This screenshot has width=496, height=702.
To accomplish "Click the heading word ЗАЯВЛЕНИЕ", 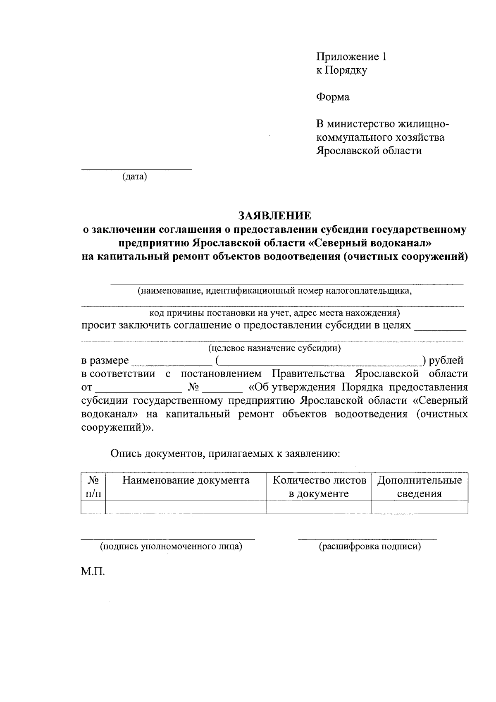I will (x=274, y=216).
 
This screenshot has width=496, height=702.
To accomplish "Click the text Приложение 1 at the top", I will (x=351, y=57).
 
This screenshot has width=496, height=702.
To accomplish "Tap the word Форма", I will (x=333, y=97).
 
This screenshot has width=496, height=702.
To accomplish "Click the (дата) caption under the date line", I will (x=135, y=177).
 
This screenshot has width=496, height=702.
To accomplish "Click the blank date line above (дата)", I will (x=136, y=168).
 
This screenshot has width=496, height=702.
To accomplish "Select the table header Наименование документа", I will (x=186, y=480).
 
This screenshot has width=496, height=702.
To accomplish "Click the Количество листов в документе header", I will (x=319, y=486).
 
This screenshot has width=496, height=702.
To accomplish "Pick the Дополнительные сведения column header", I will (x=420, y=486).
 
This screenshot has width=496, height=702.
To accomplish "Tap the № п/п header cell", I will (x=93, y=486).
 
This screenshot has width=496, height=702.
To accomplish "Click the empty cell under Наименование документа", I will (x=186, y=507).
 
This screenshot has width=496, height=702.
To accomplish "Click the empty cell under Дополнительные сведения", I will (x=420, y=507).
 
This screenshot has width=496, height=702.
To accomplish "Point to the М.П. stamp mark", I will (x=93, y=572).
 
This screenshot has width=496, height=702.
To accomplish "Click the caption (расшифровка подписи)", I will (x=370, y=546).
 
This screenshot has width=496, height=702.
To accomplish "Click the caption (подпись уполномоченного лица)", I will (x=171, y=546).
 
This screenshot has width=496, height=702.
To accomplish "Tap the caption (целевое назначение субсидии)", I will (x=274, y=348).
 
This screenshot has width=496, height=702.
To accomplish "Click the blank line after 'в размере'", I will (x=171, y=364).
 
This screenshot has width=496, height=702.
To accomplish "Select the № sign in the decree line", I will (x=194, y=388).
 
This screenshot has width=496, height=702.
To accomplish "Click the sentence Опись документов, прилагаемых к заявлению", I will (x=225, y=453).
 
